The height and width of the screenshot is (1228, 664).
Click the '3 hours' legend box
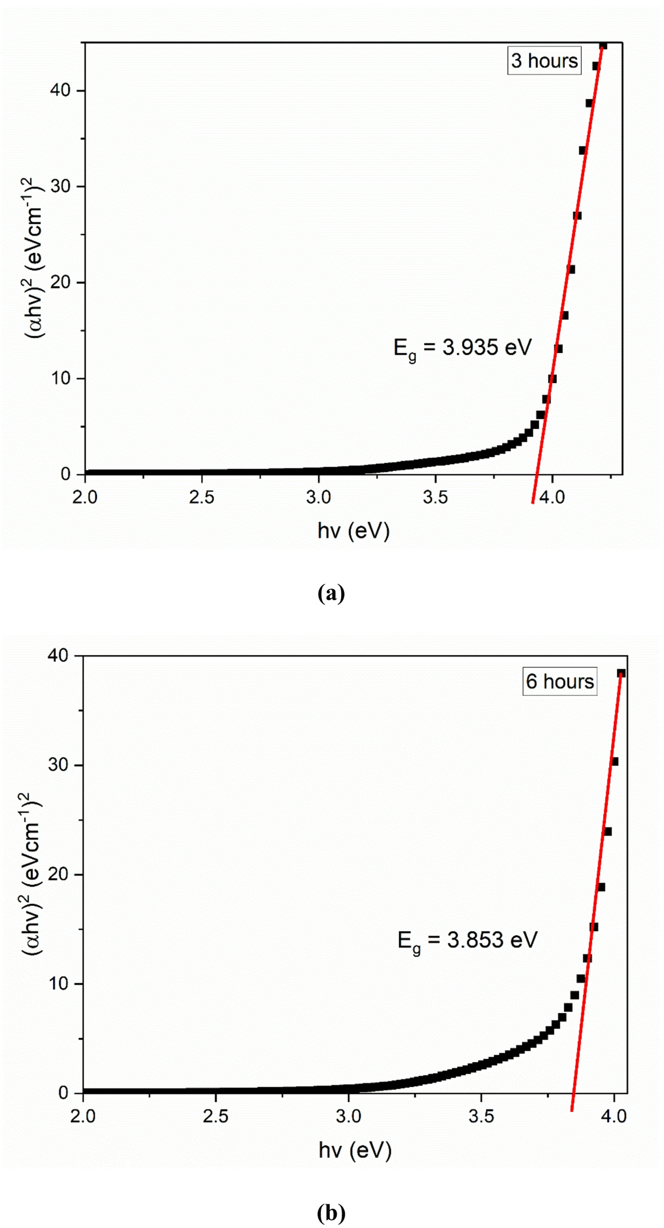(x=544, y=61)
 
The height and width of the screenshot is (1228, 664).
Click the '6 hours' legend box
(x=559, y=681)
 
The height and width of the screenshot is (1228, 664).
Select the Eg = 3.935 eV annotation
(x=462, y=348)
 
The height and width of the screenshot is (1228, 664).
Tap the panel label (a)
(x=331, y=593)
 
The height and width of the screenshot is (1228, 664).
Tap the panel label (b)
(x=331, y=1212)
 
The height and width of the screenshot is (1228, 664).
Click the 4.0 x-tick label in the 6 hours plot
(x=614, y=1116)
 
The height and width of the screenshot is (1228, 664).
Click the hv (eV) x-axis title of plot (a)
(x=354, y=531)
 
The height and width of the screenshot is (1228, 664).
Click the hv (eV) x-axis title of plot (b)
(x=355, y=1151)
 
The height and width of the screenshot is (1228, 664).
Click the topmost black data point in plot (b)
(x=620, y=674)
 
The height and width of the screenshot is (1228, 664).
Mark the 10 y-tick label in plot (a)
(x=61, y=378)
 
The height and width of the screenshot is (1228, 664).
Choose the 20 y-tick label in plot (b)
(x=58, y=874)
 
